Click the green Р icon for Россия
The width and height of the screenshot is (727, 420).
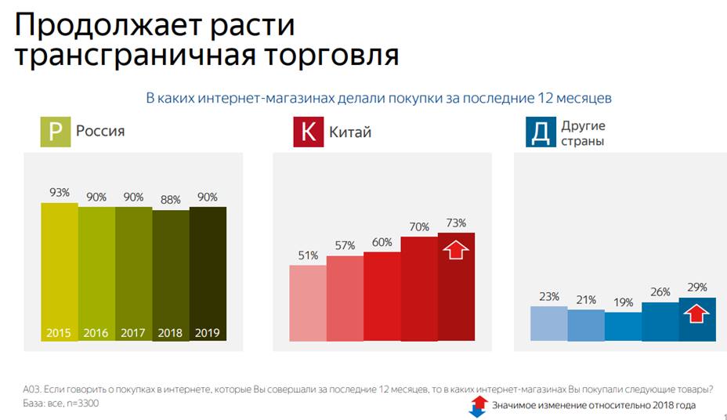56,132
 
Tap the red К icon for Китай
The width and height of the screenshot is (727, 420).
308,132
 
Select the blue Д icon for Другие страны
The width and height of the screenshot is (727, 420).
540,132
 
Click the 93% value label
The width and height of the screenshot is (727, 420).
60,192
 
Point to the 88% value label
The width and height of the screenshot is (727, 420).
171,199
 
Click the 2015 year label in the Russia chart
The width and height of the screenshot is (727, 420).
59,332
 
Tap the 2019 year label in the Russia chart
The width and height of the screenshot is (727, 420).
208,332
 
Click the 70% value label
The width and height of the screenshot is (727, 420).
419,227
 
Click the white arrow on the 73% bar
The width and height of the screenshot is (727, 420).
456,252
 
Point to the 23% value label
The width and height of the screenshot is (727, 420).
548,296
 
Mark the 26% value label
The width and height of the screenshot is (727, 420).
660,292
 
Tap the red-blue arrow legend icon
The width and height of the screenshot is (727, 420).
477,405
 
